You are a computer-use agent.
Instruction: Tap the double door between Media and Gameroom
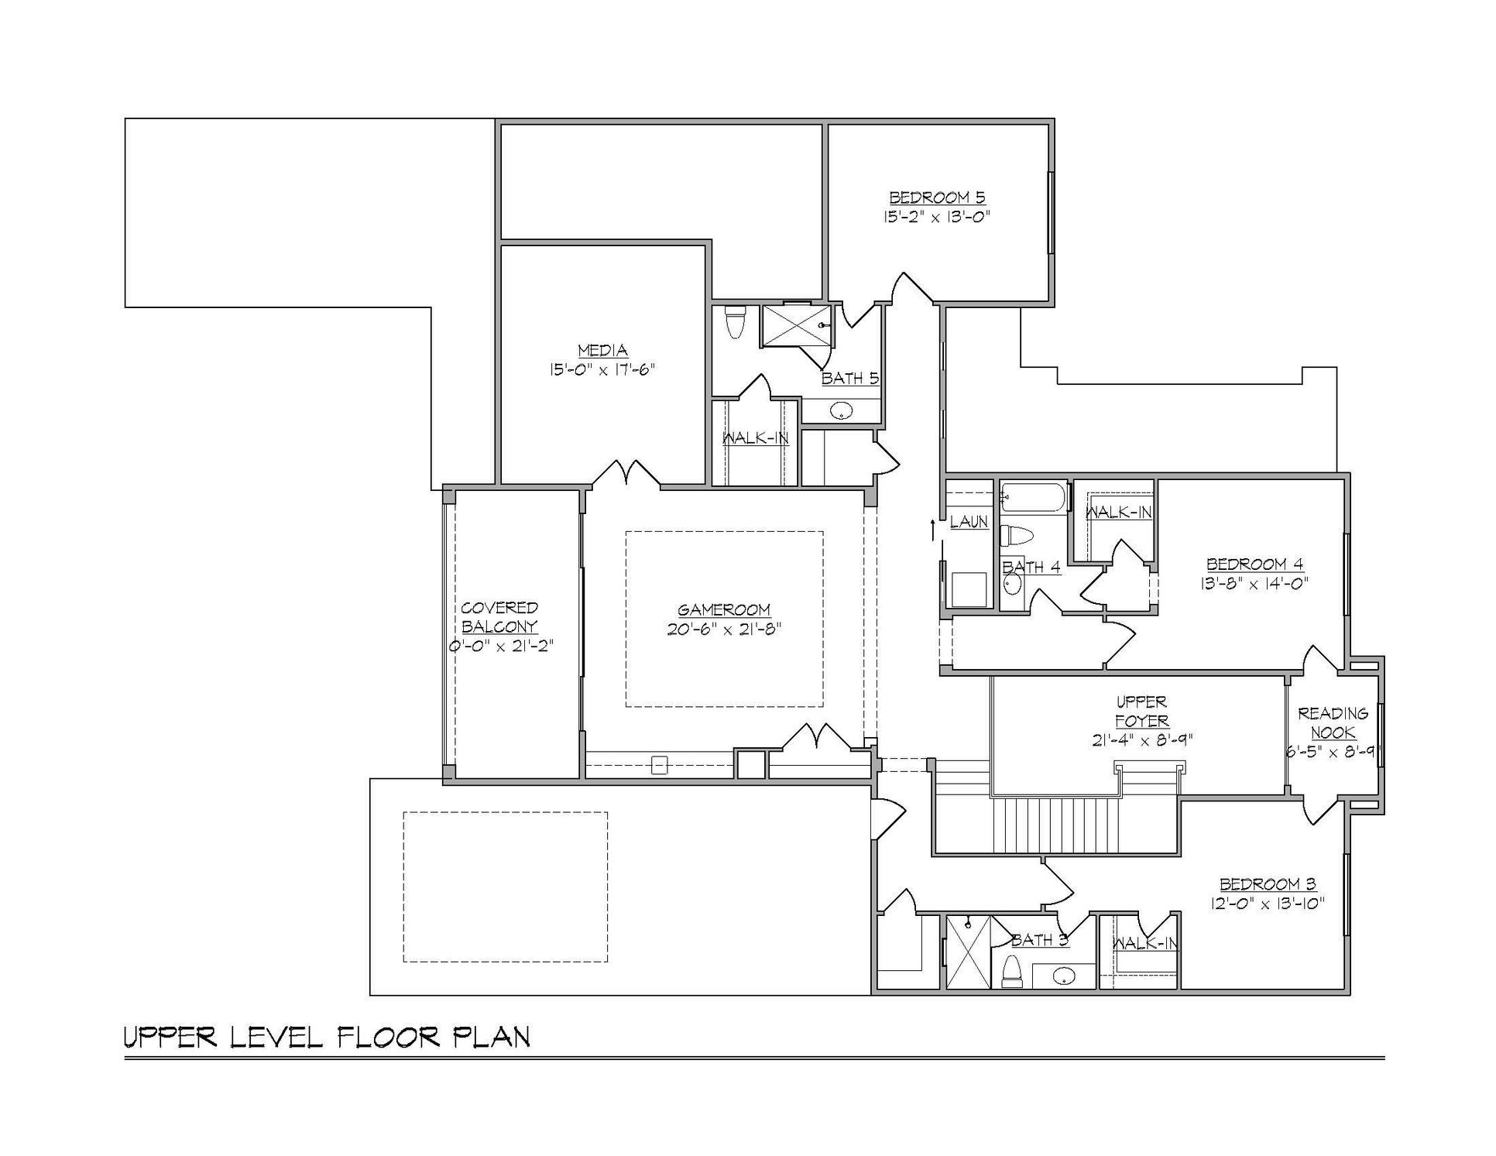click(626, 475)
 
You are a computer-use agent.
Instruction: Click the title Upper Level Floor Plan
click(328, 1038)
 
